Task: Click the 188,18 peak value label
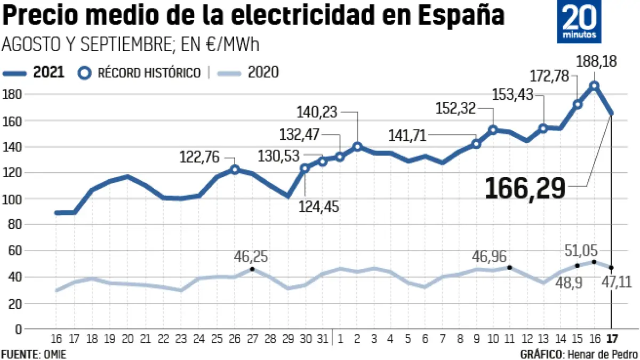pyautogui.click(x=596, y=61)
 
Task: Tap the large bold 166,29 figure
pyautogui.click(x=525, y=188)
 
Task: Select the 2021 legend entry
pyautogui.click(x=35, y=73)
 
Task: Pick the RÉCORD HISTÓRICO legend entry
pyautogui.click(x=140, y=73)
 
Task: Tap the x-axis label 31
pyautogui.click(x=322, y=339)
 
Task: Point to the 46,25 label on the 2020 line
pyautogui.click(x=251, y=258)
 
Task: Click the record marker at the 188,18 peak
pyautogui.click(x=594, y=85)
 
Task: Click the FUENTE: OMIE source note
pyautogui.click(x=34, y=354)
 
